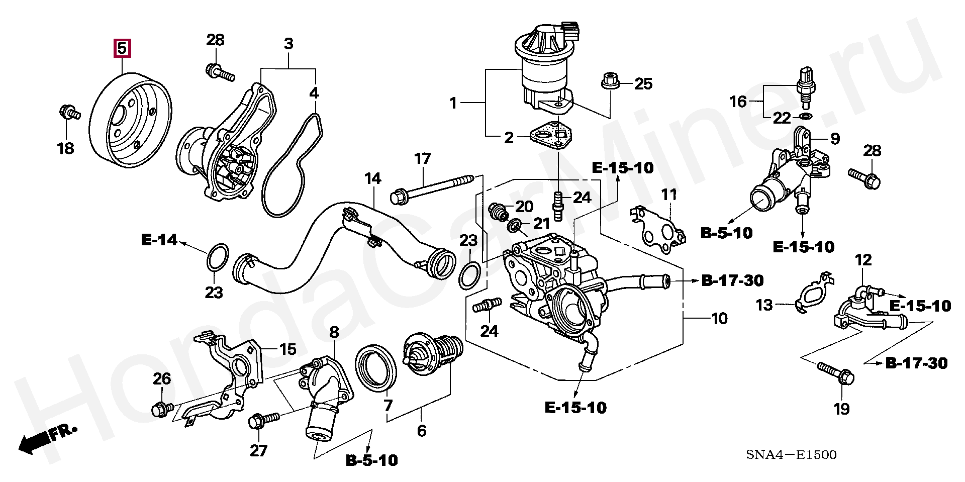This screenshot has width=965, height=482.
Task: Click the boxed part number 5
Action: [122, 49]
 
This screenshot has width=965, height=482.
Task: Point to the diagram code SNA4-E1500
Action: [791, 455]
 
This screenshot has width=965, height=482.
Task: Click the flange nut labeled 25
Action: [610, 81]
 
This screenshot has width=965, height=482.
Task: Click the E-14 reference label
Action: [159, 240]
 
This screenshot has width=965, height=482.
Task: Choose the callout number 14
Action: [372, 178]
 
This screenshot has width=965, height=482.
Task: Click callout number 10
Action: [719, 318]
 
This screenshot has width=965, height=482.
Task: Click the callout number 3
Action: [288, 44]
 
